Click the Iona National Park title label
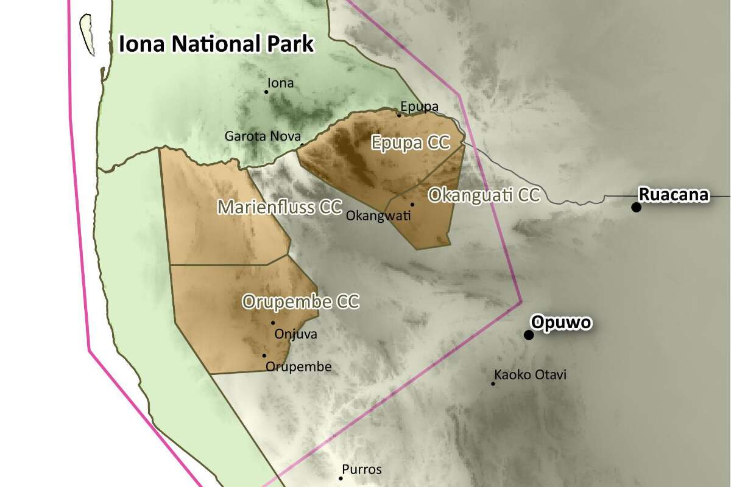216,44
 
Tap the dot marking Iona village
266,92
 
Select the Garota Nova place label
263,136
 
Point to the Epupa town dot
400,115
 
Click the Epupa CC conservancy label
411,143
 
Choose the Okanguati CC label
484,195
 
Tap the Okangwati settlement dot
412,205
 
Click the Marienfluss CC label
280,207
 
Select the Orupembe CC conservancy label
300,301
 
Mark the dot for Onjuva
273,323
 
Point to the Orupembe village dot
264,356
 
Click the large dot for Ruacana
637,207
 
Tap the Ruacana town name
673,195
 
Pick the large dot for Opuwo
529,335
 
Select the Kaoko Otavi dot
493,384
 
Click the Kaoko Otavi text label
531,374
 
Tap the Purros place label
362,469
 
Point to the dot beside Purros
341,478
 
